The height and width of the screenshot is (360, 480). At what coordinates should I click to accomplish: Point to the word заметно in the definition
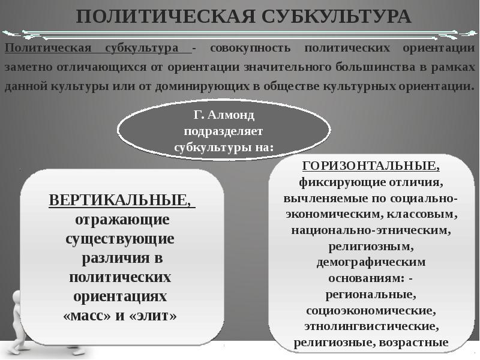[26, 67]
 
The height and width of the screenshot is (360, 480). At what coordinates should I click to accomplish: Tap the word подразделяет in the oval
[224, 130]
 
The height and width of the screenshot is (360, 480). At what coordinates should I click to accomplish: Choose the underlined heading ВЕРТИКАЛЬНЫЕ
[120, 200]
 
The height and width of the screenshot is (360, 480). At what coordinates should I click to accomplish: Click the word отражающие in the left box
[120, 219]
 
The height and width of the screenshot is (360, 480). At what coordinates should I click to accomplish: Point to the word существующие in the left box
[120, 239]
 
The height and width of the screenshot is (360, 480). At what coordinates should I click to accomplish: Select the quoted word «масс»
[86, 316]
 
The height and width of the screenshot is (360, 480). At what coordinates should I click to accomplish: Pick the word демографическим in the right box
[370, 262]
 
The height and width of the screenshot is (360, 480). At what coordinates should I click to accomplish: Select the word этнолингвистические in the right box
[370, 327]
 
